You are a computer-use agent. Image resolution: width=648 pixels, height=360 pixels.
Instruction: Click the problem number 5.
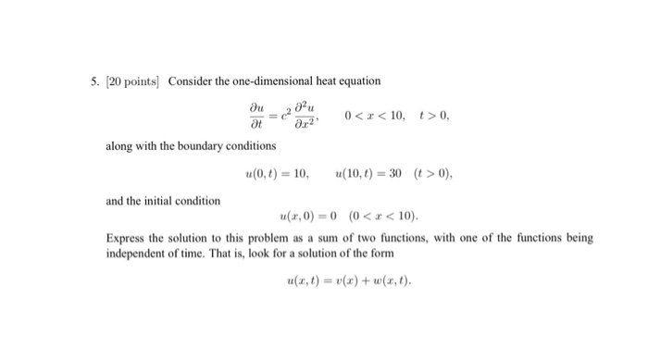click(x=95, y=82)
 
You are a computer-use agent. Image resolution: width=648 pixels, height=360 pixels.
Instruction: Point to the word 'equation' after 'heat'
click(x=361, y=82)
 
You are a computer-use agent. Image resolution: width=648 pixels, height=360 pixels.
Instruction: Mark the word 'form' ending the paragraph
click(x=380, y=254)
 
